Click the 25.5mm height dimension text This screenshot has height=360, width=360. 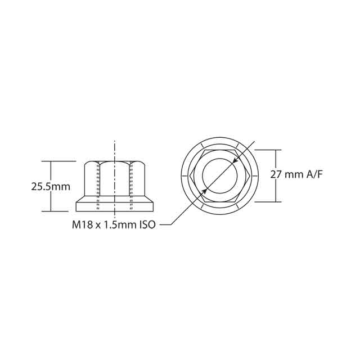(x=50, y=186)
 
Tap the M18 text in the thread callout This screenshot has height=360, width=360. (x=82, y=225)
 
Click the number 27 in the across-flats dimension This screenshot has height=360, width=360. (x=276, y=174)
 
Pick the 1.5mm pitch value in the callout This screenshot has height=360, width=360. (x=116, y=225)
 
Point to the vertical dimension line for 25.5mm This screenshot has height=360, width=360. (x=52, y=169)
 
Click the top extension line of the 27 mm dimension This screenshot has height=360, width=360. (x=269, y=150)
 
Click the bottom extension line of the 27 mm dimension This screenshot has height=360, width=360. (x=269, y=201)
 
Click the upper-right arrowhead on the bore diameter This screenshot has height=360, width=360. (x=235, y=161)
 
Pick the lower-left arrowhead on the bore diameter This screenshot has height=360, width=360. (x=205, y=191)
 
